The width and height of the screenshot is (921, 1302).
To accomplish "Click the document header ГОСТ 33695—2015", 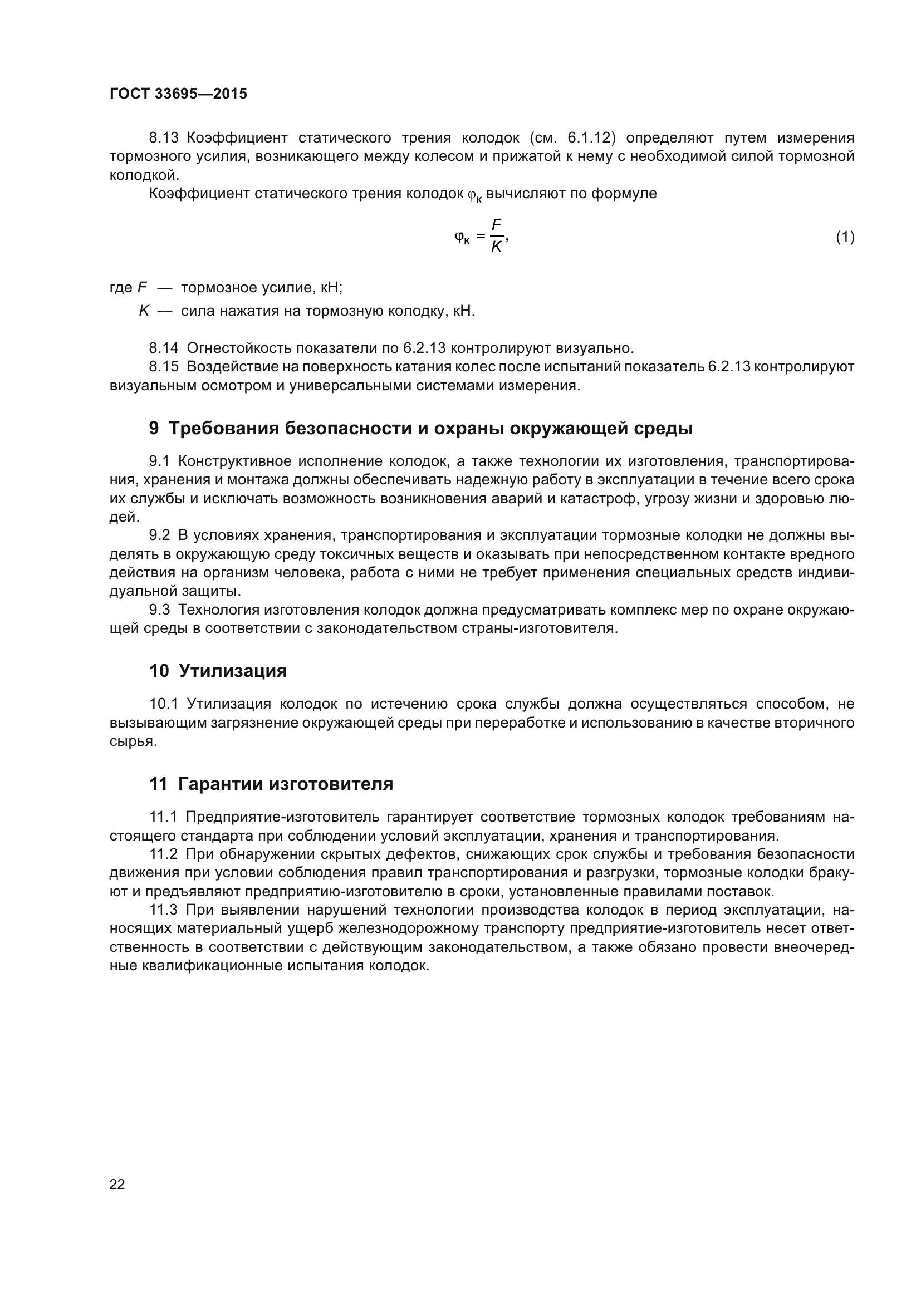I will click(x=178, y=94).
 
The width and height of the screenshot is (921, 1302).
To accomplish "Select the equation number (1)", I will click(x=845, y=237).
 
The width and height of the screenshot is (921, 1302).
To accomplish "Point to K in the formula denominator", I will click(x=496, y=247).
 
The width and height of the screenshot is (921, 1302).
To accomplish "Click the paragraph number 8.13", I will click(x=164, y=138).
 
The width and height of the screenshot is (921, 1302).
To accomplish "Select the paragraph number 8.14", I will click(x=164, y=347).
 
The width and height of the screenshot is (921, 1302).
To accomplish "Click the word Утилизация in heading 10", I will click(x=233, y=671).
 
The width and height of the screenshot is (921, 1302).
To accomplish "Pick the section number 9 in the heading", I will click(x=154, y=429).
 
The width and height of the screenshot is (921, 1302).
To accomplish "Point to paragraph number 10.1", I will click(x=164, y=704).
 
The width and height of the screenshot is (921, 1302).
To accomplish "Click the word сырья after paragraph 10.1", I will click(x=132, y=741).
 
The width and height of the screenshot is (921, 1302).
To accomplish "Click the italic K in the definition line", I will click(x=144, y=311).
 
